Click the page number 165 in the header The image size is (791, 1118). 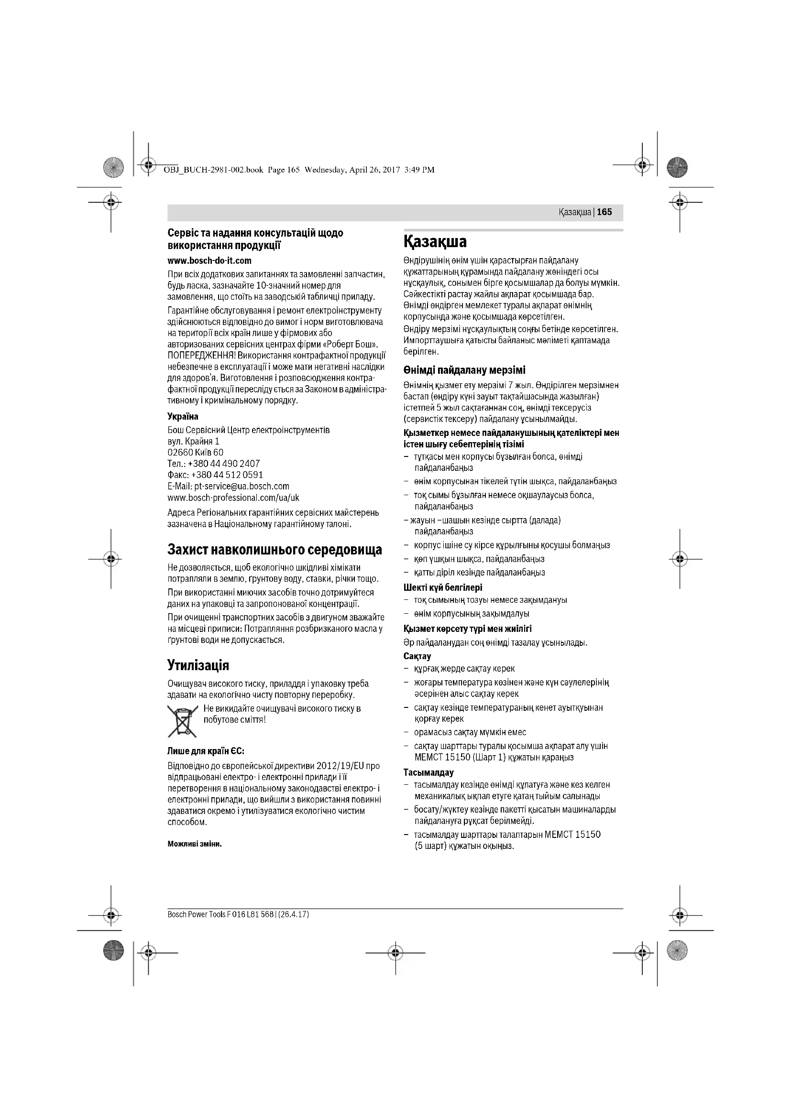604,212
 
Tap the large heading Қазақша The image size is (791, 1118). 435,241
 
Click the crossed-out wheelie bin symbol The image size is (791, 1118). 182,721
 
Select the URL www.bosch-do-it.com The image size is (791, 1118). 209,261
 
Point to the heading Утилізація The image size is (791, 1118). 198,665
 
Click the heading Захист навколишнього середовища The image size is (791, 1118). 275,550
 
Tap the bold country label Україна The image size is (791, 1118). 183,417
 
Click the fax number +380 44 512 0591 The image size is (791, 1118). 227,475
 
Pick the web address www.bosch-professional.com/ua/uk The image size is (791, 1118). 233,498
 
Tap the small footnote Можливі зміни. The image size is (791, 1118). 194,844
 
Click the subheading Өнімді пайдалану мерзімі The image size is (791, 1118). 464,370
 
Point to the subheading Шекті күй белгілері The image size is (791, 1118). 443,587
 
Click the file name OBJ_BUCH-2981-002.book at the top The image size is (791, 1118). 210,170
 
